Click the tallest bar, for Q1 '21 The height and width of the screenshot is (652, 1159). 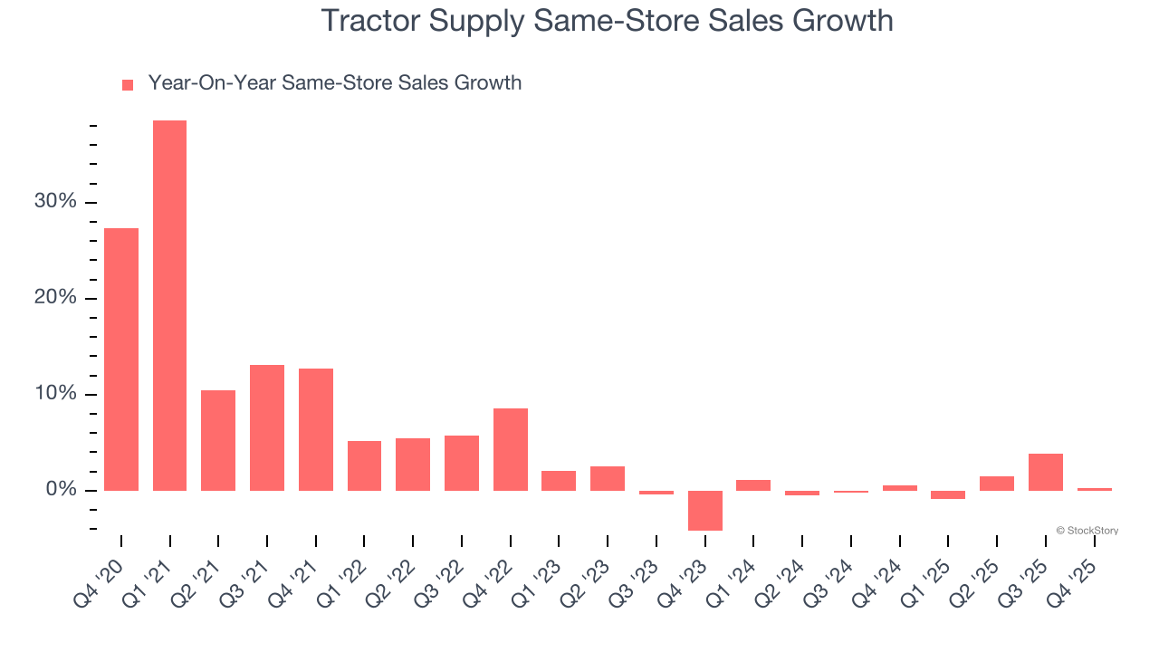pyautogui.click(x=169, y=305)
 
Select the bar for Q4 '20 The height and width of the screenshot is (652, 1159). pyautogui.click(x=121, y=359)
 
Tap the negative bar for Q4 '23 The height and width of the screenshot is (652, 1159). pyautogui.click(x=705, y=510)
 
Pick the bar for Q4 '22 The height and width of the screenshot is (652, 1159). pyautogui.click(x=511, y=449)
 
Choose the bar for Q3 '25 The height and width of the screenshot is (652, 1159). pyautogui.click(x=1046, y=472)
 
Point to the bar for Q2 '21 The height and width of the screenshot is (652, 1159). pyautogui.click(x=218, y=440)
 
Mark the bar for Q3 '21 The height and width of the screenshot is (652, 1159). pyautogui.click(x=267, y=427)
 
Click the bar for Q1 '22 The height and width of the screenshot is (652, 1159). pyautogui.click(x=364, y=465)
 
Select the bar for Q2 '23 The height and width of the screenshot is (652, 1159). pyautogui.click(x=608, y=478)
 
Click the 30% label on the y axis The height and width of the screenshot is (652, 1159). pyautogui.click(x=55, y=201)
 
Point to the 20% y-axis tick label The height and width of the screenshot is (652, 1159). pyautogui.click(x=55, y=298)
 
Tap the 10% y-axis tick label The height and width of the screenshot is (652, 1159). pyautogui.click(x=55, y=394)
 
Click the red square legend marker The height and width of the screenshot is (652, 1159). pyautogui.click(x=128, y=84)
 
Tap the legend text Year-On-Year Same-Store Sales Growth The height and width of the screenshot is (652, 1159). pyautogui.click(x=334, y=83)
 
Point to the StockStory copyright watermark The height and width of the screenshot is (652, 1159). pyautogui.click(x=1087, y=531)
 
